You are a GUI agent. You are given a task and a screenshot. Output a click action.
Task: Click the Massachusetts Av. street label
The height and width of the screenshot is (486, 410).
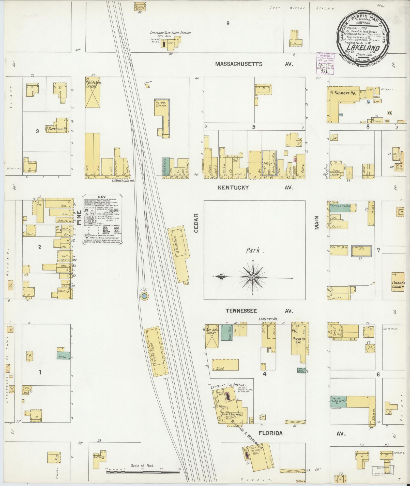[x=254, y=64]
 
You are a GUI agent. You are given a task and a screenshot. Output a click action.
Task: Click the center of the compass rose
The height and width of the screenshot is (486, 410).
[x=253, y=277]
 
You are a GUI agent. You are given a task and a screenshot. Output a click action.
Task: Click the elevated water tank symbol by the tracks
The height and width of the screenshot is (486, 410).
[x=144, y=296]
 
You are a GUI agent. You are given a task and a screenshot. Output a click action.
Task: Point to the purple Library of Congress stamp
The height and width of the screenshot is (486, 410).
[x=325, y=63]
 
